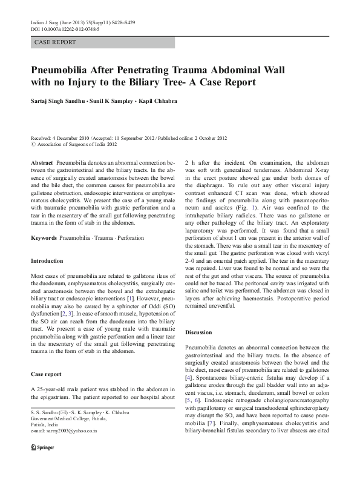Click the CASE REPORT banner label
(x=55, y=42)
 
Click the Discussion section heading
(x=198, y=332)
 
